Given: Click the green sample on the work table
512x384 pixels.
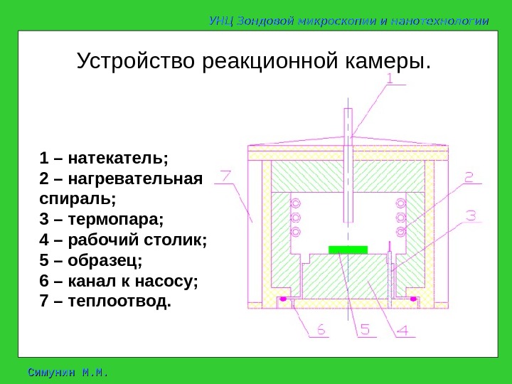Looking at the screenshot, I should (348, 249).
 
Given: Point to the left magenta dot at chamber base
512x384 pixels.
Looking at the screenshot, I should (283, 299).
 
